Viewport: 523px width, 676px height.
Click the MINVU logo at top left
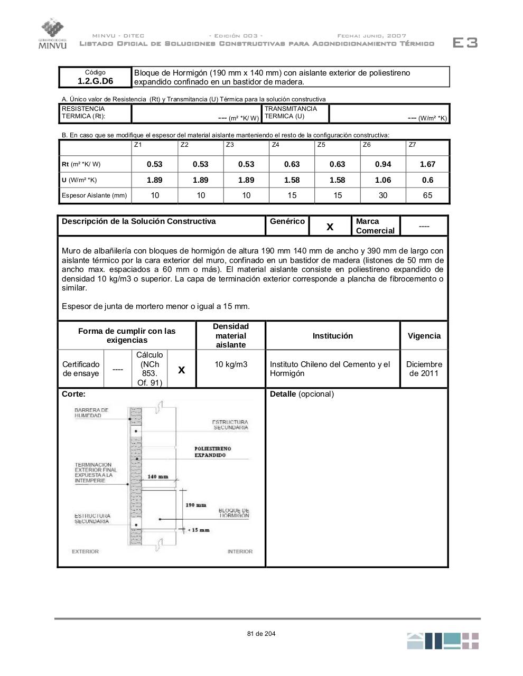point(52,33)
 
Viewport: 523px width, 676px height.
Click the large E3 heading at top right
point(465,43)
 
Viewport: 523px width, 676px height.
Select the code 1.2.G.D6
point(95,81)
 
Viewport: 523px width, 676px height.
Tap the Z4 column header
point(275,145)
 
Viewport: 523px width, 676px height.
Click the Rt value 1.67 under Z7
point(427,164)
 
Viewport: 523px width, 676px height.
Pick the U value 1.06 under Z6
point(382,180)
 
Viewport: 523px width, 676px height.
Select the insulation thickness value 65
point(427,195)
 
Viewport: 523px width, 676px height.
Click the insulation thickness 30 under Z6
point(382,195)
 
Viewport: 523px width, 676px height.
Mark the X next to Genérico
point(330,227)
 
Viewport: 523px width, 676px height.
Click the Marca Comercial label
point(375,226)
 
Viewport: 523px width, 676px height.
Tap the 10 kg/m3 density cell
point(231,364)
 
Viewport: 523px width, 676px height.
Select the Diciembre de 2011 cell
point(424,369)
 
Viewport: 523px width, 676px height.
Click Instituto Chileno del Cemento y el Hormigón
point(330,369)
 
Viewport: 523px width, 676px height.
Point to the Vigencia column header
point(424,336)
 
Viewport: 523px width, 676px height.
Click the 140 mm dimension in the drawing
point(157,477)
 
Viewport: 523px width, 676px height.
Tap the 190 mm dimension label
point(195,505)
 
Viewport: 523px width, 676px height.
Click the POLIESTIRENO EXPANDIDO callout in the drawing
point(212,452)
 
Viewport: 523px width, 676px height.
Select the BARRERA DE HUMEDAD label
point(91,412)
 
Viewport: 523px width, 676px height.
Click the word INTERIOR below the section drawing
point(240,551)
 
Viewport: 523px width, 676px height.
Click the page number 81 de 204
point(261,634)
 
